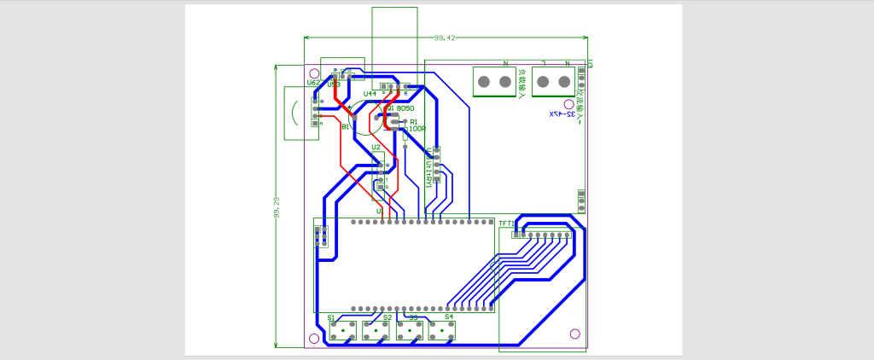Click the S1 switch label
[331, 317]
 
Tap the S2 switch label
[387, 317]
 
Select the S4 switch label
[449, 316]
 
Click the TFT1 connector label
[507, 224]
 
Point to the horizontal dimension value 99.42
[446, 38]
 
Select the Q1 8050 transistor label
[400, 109]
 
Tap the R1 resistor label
[414, 122]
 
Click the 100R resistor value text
[417, 129]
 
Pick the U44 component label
[370, 94]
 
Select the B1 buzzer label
[345, 126]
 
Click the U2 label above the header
[376, 147]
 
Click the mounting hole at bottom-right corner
[574, 334]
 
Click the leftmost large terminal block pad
[483, 82]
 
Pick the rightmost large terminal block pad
[563, 82]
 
